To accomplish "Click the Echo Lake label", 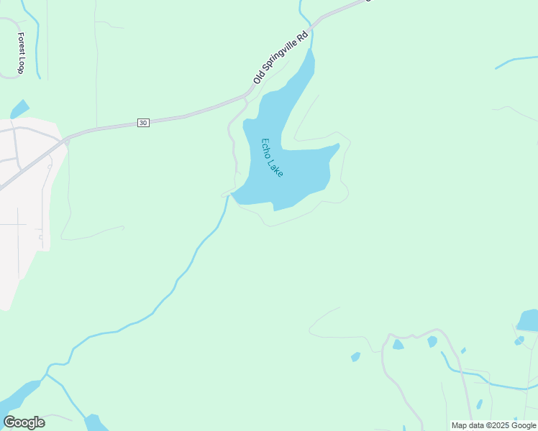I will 273,158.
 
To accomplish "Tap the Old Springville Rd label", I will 281,57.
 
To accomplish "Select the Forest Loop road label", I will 21,53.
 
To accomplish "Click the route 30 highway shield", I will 143,124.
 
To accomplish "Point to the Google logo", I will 24,422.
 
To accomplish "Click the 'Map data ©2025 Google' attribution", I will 493,425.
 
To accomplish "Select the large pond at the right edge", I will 529,320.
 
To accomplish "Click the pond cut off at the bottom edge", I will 95,424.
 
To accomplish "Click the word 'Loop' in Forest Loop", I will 21,66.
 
